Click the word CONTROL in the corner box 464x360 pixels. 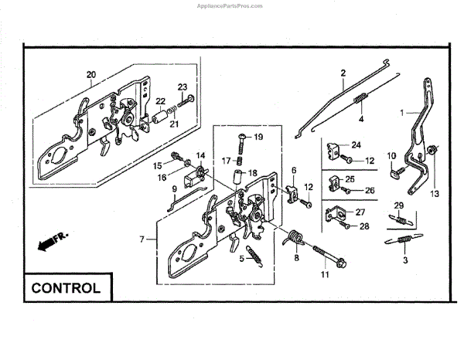tap(66, 289)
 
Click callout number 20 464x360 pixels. tap(90, 75)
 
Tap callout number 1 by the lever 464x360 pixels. tap(401, 113)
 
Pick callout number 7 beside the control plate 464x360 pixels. tap(142, 239)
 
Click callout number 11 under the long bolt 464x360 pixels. tap(324, 273)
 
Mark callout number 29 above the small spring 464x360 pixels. tap(398, 205)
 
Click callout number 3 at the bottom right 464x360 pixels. tap(404, 261)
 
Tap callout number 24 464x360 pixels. tap(357, 145)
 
